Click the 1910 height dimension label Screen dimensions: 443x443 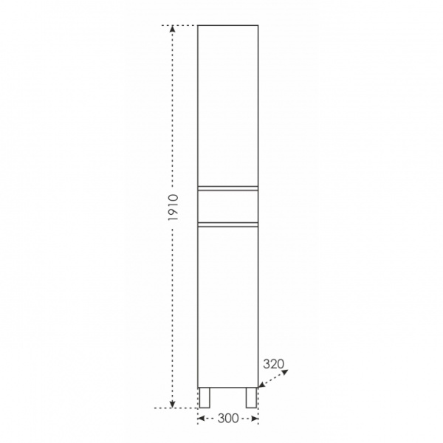tap(173, 207)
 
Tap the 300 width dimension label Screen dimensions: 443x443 tap(228, 419)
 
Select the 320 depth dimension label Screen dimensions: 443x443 tap(273, 364)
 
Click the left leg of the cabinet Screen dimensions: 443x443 tap(205, 397)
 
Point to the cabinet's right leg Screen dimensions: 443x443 tap(251, 397)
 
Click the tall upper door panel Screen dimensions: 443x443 tap(227, 106)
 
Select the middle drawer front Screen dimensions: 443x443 tap(227, 206)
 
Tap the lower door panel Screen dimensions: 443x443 tap(227, 307)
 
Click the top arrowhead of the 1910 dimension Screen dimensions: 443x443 tap(173, 29)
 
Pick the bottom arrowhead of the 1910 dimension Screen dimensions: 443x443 tap(173, 405)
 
